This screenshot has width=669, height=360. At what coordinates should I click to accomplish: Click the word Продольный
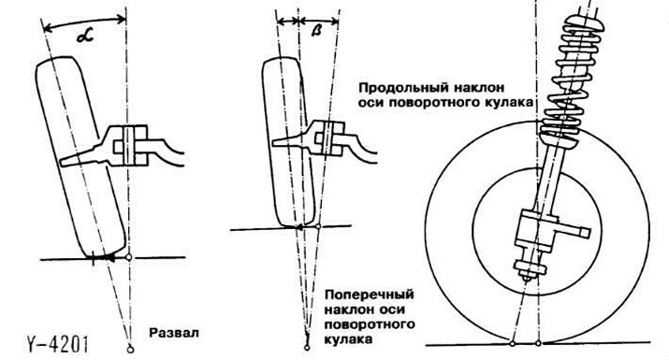pos(393,85)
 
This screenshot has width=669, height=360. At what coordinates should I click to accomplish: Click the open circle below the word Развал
pos(130,350)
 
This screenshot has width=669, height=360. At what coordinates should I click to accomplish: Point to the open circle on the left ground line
pos(130,255)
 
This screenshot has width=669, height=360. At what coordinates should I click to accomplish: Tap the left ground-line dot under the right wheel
pos(512,338)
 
